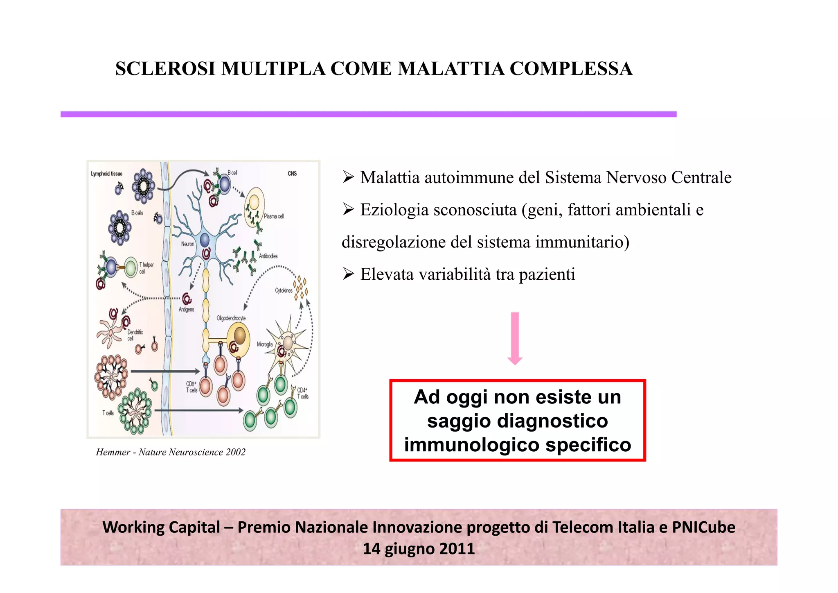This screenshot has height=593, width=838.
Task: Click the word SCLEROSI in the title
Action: click(x=165, y=69)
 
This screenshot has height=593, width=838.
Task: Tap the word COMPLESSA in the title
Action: click(x=571, y=69)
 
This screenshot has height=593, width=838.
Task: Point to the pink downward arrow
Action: click(x=515, y=338)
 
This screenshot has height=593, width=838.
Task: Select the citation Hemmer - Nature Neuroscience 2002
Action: click(x=171, y=452)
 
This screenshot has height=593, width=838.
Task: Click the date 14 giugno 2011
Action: click(x=419, y=549)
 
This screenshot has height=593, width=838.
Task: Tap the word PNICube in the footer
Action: click(x=703, y=527)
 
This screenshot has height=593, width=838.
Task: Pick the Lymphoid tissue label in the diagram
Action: click(x=106, y=174)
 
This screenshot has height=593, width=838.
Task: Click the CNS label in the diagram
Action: click(x=292, y=174)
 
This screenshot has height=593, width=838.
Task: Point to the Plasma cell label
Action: click(x=274, y=216)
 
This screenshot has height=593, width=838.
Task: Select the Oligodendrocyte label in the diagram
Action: click(x=231, y=318)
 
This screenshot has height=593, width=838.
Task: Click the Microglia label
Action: click(x=265, y=344)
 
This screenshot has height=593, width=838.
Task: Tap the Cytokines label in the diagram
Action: click(x=284, y=290)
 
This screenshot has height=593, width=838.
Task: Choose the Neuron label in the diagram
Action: click(x=188, y=244)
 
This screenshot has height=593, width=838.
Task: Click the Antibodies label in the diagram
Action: click(x=268, y=256)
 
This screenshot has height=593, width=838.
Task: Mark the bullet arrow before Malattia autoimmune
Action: click(x=348, y=178)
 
